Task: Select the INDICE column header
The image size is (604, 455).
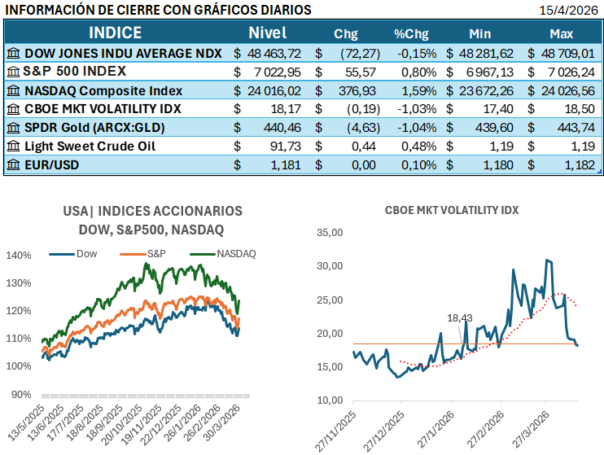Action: (x=115, y=33)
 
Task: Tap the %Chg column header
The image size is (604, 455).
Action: (x=412, y=34)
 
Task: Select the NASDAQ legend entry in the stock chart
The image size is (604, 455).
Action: (x=236, y=254)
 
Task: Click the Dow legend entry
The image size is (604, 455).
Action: (x=85, y=254)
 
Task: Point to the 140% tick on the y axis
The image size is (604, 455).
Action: (x=18, y=255)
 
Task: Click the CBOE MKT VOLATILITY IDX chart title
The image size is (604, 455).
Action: (x=452, y=210)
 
